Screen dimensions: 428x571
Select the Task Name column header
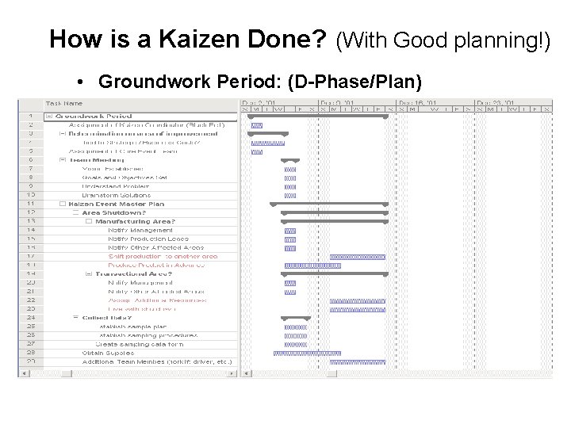[x=63, y=103]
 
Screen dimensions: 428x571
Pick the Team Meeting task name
[x=92, y=160]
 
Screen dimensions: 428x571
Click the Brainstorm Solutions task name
[x=116, y=195]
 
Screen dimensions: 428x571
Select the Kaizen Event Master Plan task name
[x=110, y=204]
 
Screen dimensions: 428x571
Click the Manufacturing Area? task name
[x=135, y=221]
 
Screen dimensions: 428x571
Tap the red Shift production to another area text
[x=162, y=257]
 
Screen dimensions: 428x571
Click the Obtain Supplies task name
[x=109, y=353]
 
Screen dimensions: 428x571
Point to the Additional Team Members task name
[x=157, y=361]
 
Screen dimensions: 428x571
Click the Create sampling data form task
[x=139, y=344]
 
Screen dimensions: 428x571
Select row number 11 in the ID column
[x=30, y=204]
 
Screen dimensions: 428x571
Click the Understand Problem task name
[x=115, y=186]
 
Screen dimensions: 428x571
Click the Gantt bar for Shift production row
[x=357, y=257]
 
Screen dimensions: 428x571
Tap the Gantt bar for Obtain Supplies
[x=308, y=353]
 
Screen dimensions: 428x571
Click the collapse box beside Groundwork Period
[x=49, y=117]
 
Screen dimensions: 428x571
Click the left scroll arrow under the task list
[x=23, y=372]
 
